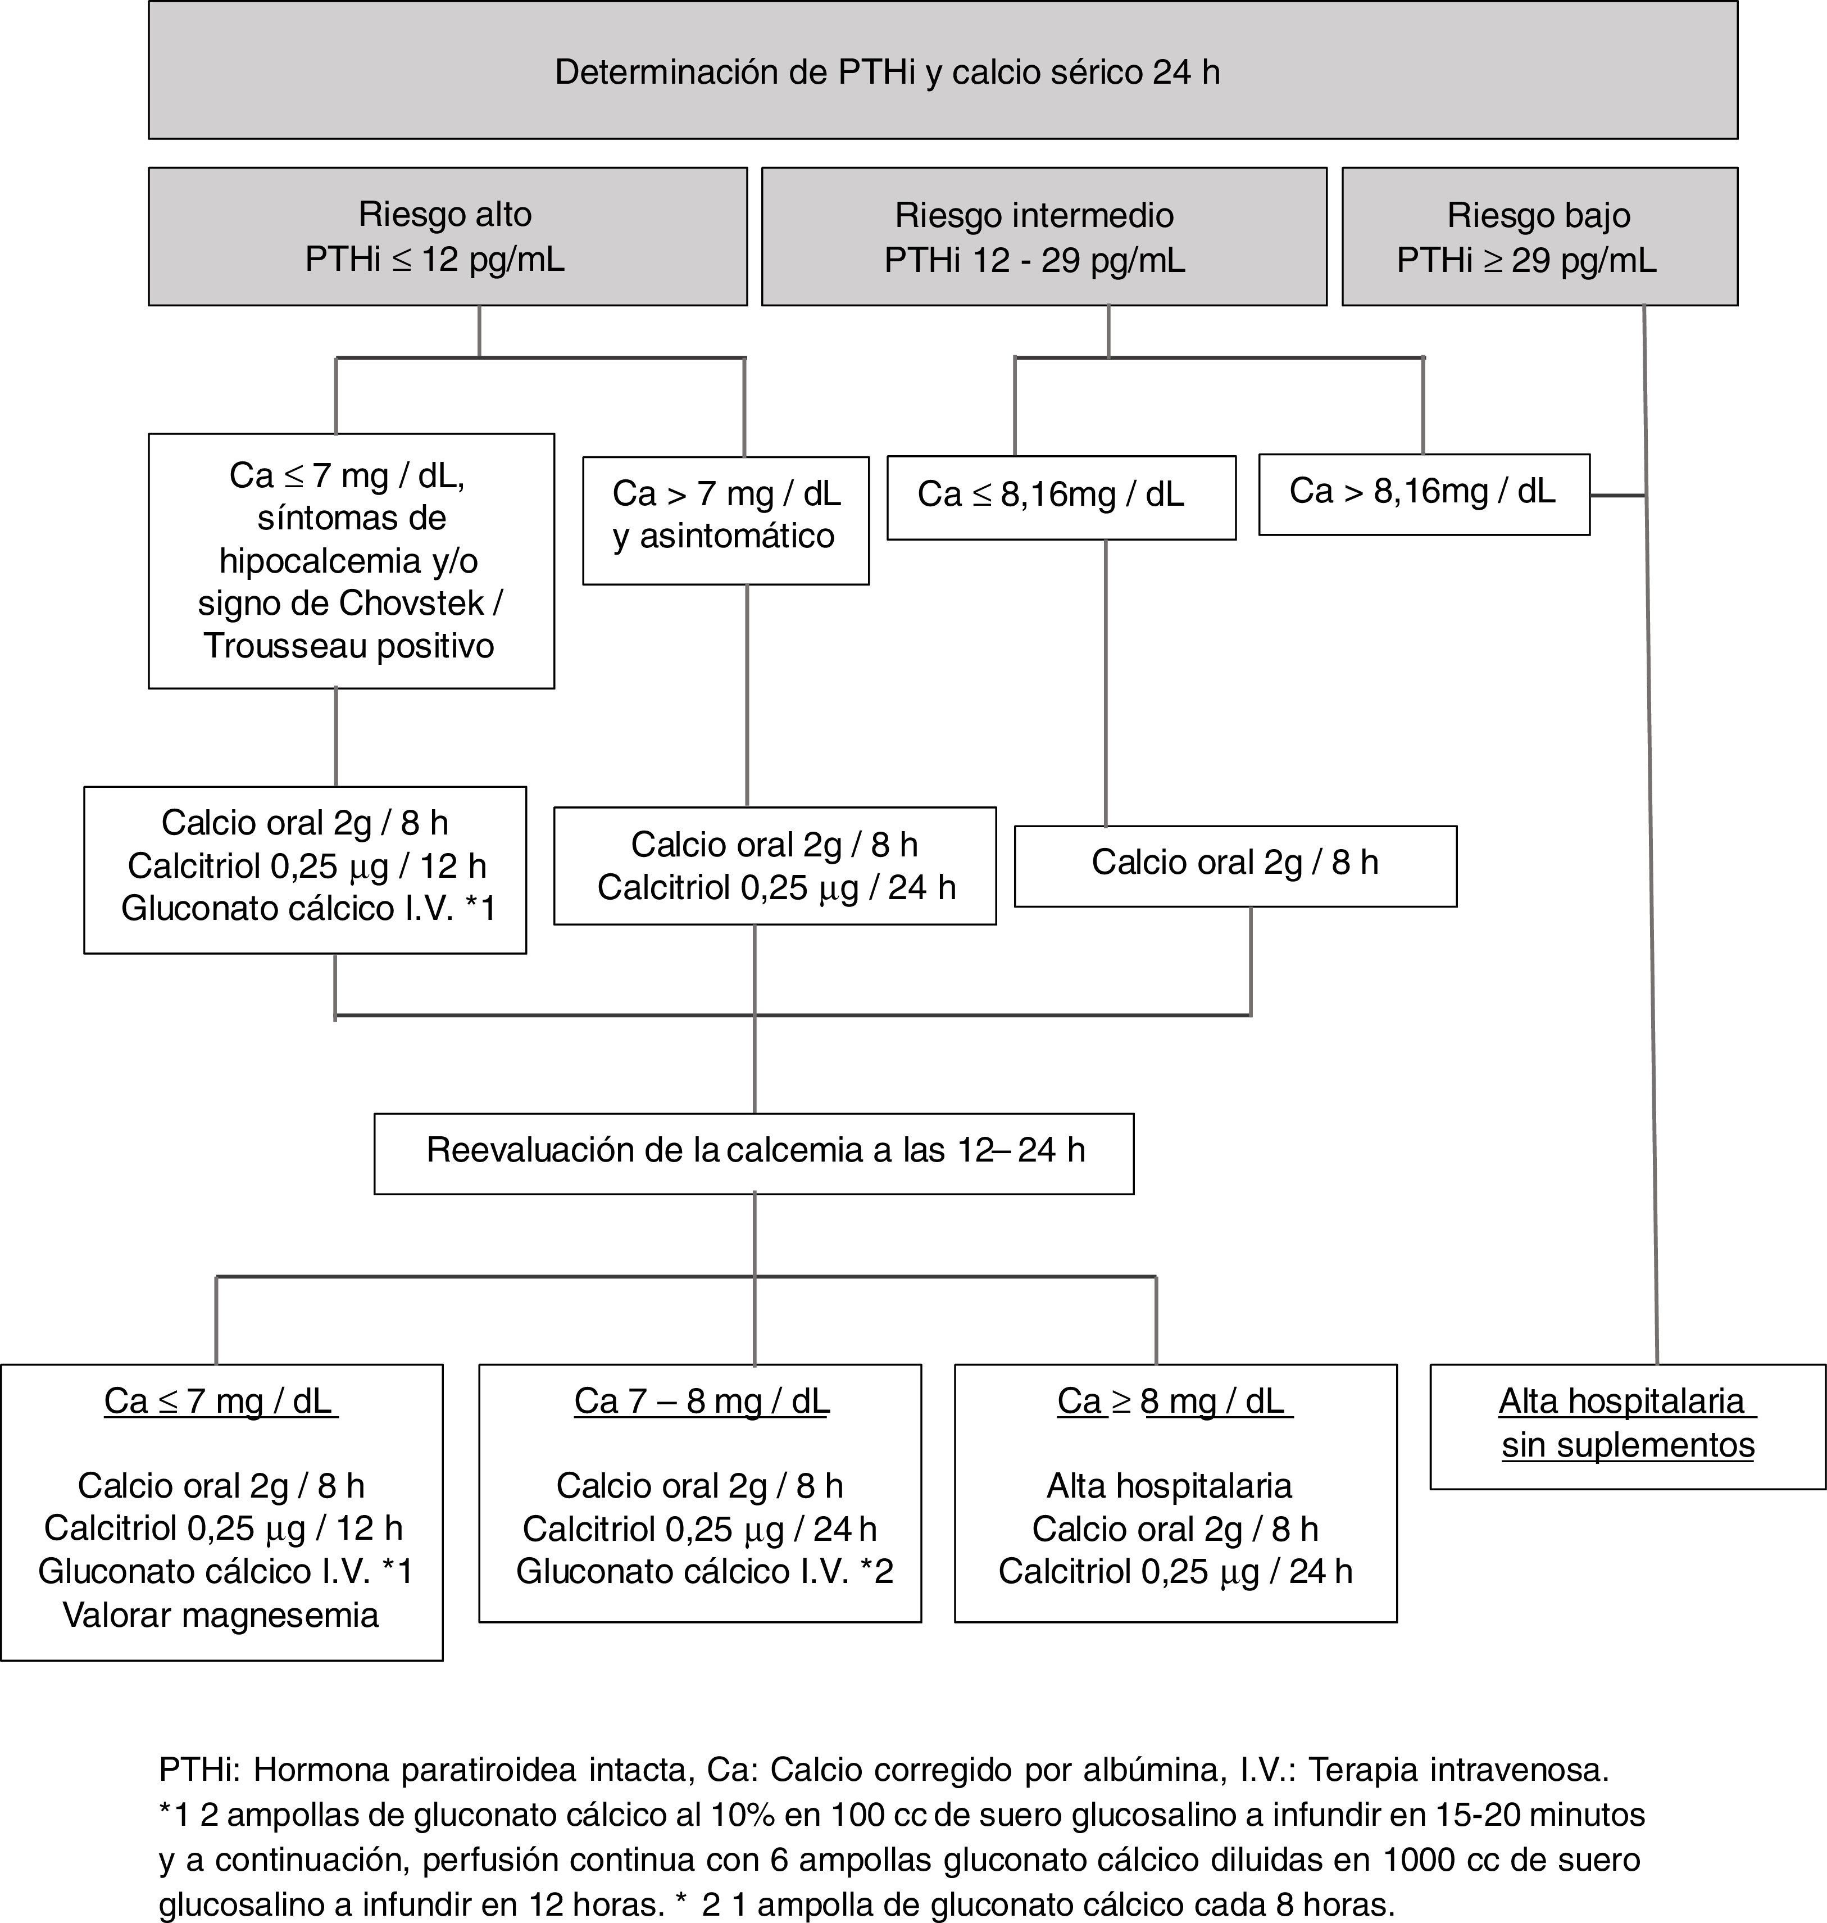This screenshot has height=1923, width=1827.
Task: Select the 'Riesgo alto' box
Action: pyautogui.click(x=447, y=236)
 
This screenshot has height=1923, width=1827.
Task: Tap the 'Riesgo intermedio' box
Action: pyautogui.click(x=1043, y=236)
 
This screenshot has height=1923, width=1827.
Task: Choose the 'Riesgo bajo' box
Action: pyautogui.click(x=1539, y=236)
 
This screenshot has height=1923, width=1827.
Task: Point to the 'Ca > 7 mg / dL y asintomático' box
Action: pyautogui.click(x=725, y=520)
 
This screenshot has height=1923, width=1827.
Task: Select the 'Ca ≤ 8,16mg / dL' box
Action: pyautogui.click(x=1061, y=497)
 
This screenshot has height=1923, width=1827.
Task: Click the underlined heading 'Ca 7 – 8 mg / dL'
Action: pyautogui.click(x=701, y=1402)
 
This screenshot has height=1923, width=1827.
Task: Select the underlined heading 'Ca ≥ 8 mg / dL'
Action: pyautogui.click(x=1175, y=1402)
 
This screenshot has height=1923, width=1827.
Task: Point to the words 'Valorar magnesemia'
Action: pyautogui.click(x=221, y=1615)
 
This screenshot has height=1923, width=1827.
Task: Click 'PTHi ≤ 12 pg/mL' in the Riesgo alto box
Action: pyautogui.click(x=434, y=260)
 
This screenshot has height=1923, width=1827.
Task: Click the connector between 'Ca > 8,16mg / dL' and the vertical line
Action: pyautogui.click(x=1617, y=496)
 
